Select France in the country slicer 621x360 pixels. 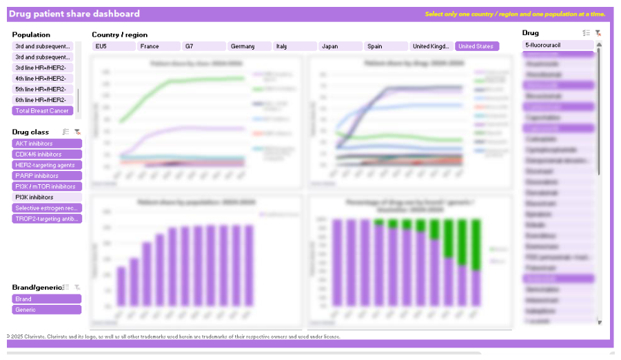click(159, 46)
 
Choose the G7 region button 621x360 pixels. click(204, 46)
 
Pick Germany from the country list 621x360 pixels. click(249, 46)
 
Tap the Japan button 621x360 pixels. click(340, 46)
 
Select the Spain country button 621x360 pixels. click(385, 46)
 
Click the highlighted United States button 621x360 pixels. click(477, 46)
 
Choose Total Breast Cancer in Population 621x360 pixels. click(43, 110)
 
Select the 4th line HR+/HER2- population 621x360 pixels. click(43, 79)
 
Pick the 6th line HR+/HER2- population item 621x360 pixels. click(43, 100)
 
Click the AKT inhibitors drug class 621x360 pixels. click(47, 143)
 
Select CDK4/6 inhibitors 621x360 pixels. click(47, 154)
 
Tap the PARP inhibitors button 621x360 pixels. click(47, 176)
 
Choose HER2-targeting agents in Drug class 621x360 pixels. click(47, 165)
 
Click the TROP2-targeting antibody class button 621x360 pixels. click(47, 219)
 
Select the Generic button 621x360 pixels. click(47, 310)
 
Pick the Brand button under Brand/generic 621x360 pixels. click(47, 299)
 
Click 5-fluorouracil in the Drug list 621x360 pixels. click(558, 45)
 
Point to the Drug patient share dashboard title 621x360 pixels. click(74, 14)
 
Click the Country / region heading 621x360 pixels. click(119, 34)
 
